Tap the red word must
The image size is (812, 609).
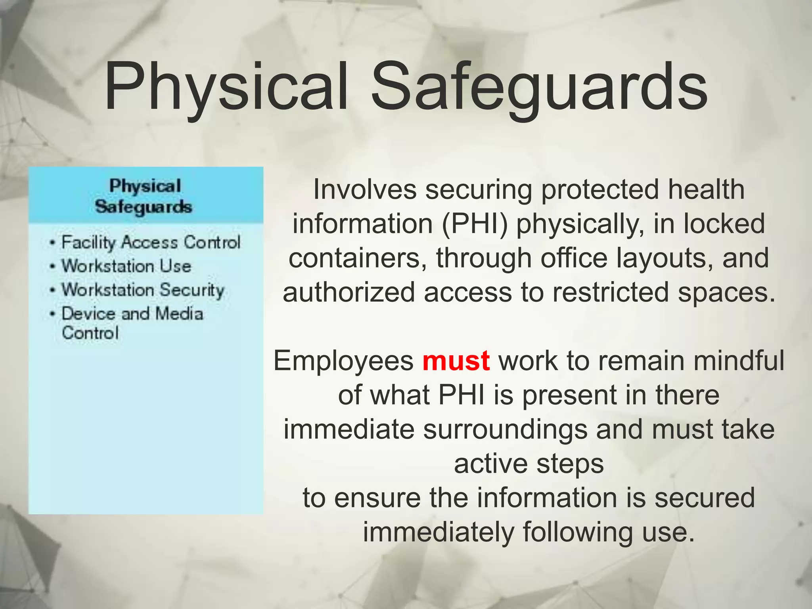point(456,361)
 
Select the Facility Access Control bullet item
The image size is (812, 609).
point(151,242)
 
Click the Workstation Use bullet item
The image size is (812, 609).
point(126,266)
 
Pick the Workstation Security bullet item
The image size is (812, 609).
point(143,290)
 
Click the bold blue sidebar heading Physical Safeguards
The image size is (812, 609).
point(144,196)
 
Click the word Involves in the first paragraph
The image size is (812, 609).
point(365,190)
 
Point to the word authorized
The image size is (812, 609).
point(349,293)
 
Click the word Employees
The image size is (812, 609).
point(343,361)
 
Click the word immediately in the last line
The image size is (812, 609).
point(438,532)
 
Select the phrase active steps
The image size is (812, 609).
point(529,464)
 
